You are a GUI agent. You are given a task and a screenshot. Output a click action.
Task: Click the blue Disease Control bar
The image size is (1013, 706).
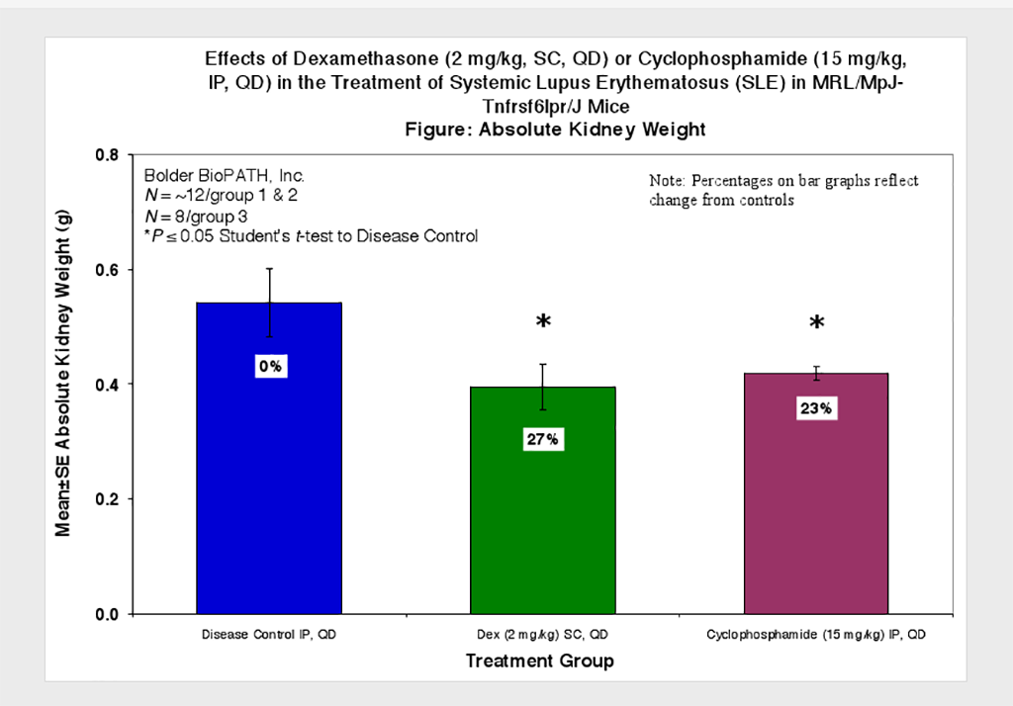point(270,475)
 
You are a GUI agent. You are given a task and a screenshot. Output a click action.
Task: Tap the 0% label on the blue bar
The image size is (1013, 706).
point(270,367)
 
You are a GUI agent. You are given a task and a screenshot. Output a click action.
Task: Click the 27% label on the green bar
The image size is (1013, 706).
point(542,440)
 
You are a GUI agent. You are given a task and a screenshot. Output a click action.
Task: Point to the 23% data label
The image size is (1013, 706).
point(815,408)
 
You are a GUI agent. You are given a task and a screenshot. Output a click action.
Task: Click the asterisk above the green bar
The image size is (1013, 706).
point(542,323)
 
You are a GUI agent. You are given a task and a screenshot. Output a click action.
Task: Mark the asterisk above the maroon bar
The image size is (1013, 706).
point(816,324)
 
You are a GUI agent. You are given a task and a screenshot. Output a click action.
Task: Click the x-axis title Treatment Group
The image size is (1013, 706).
point(539,661)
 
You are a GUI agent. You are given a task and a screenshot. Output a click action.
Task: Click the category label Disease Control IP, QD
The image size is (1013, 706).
point(269,633)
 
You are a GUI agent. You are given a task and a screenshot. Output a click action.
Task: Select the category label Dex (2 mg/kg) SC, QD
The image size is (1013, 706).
point(541,633)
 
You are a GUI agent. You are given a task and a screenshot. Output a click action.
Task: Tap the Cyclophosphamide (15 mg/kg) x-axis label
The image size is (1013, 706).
point(815,633)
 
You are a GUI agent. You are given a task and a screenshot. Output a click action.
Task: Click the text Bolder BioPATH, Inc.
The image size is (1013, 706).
point(204,175)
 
